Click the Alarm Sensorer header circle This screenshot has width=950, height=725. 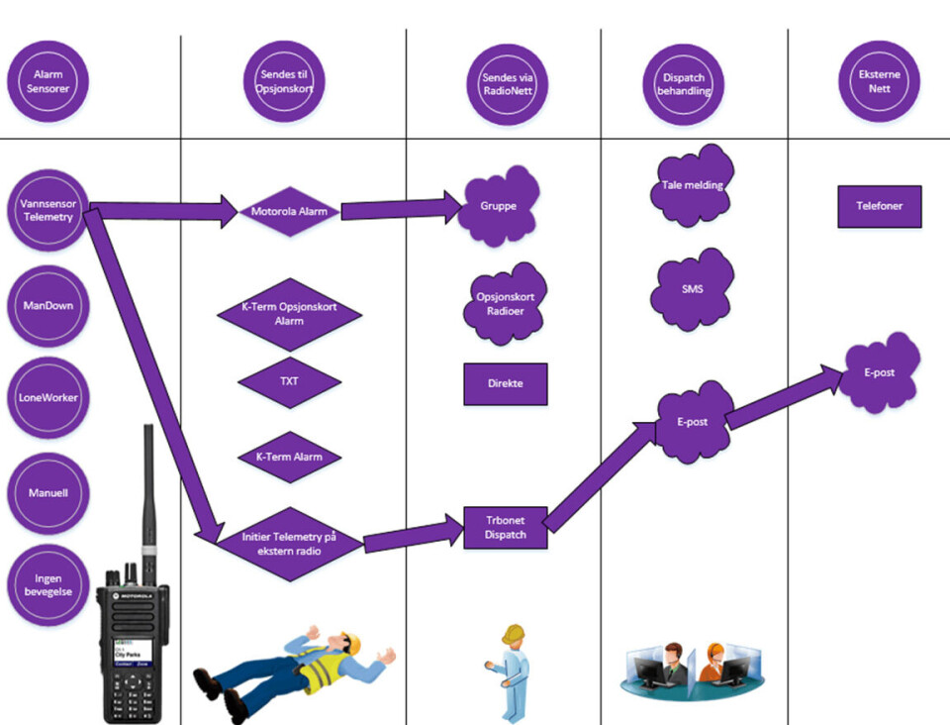coord(47,81)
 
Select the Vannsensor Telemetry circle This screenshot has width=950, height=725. coord(47,210)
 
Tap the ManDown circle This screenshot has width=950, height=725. coord(48,306)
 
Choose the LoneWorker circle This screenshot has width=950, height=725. coord(48,398)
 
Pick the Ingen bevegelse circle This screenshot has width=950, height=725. coord(48,584)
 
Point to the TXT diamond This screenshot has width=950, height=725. coord(289,380)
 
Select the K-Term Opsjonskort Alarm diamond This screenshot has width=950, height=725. coord(289,314)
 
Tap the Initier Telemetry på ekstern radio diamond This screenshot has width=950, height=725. coord(289,543)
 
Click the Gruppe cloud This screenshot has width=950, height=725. coord(500,207)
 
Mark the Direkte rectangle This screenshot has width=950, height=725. coord(506,383)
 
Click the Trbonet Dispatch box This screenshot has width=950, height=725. coord(506,528)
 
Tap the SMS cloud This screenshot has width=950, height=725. coord(693,288)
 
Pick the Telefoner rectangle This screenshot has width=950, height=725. coord(879,207)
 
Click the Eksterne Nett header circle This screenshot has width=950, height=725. coord(879,81)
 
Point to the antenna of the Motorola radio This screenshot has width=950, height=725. coord(147,485)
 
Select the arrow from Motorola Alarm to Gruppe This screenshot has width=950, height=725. coord(401,209)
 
